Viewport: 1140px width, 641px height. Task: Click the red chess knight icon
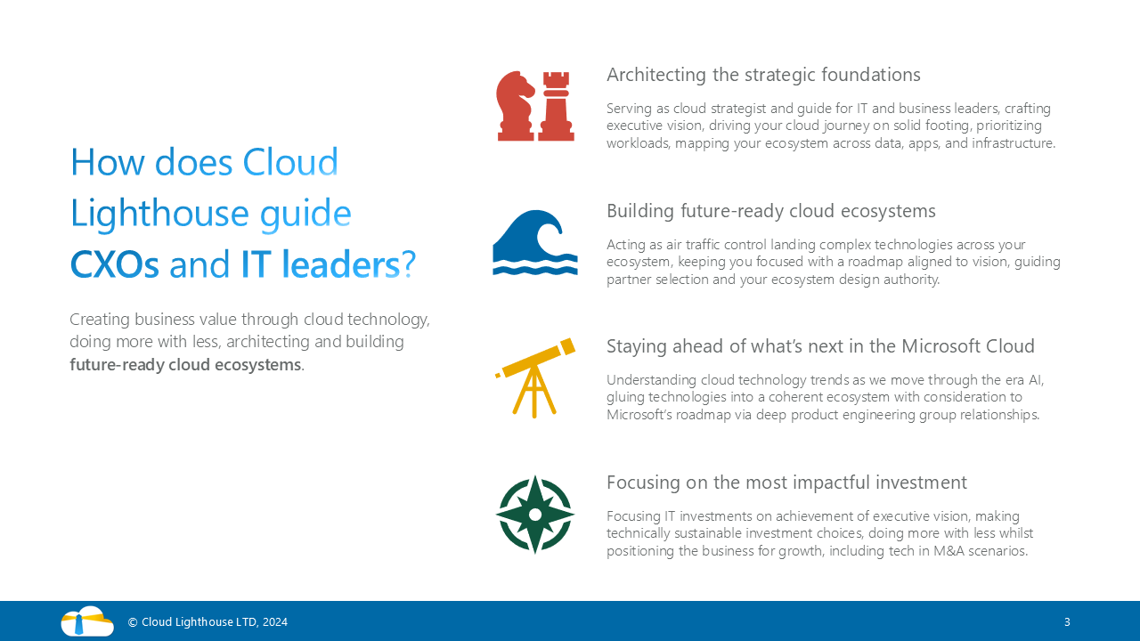point(516,106)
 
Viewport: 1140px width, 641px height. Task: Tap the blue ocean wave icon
point(535,243)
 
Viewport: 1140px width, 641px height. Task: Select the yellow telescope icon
point(535,378)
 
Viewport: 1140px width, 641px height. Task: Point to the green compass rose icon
point(535,515)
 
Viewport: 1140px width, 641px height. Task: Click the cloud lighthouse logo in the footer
point(87,621)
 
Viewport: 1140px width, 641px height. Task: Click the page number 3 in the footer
point(1067,621)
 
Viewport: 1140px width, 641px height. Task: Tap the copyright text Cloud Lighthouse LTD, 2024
point(208,621)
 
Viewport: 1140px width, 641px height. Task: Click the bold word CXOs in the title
point(115,264)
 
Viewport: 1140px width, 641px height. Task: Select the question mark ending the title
point(409,264)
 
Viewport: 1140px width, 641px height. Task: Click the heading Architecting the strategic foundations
point(763,75)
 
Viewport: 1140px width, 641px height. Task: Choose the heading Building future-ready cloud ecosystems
point(771,211)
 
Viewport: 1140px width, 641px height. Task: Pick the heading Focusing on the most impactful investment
point(786,483)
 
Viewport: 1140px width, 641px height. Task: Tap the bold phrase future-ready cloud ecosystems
point(185,365)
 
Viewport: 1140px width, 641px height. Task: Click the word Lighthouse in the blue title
point(159,213)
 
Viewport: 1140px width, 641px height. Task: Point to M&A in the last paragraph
point(949,551)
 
